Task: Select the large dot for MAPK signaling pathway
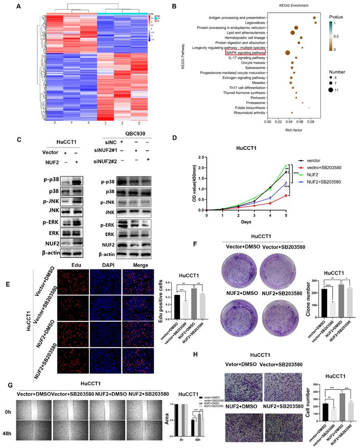[x=287, y=53]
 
